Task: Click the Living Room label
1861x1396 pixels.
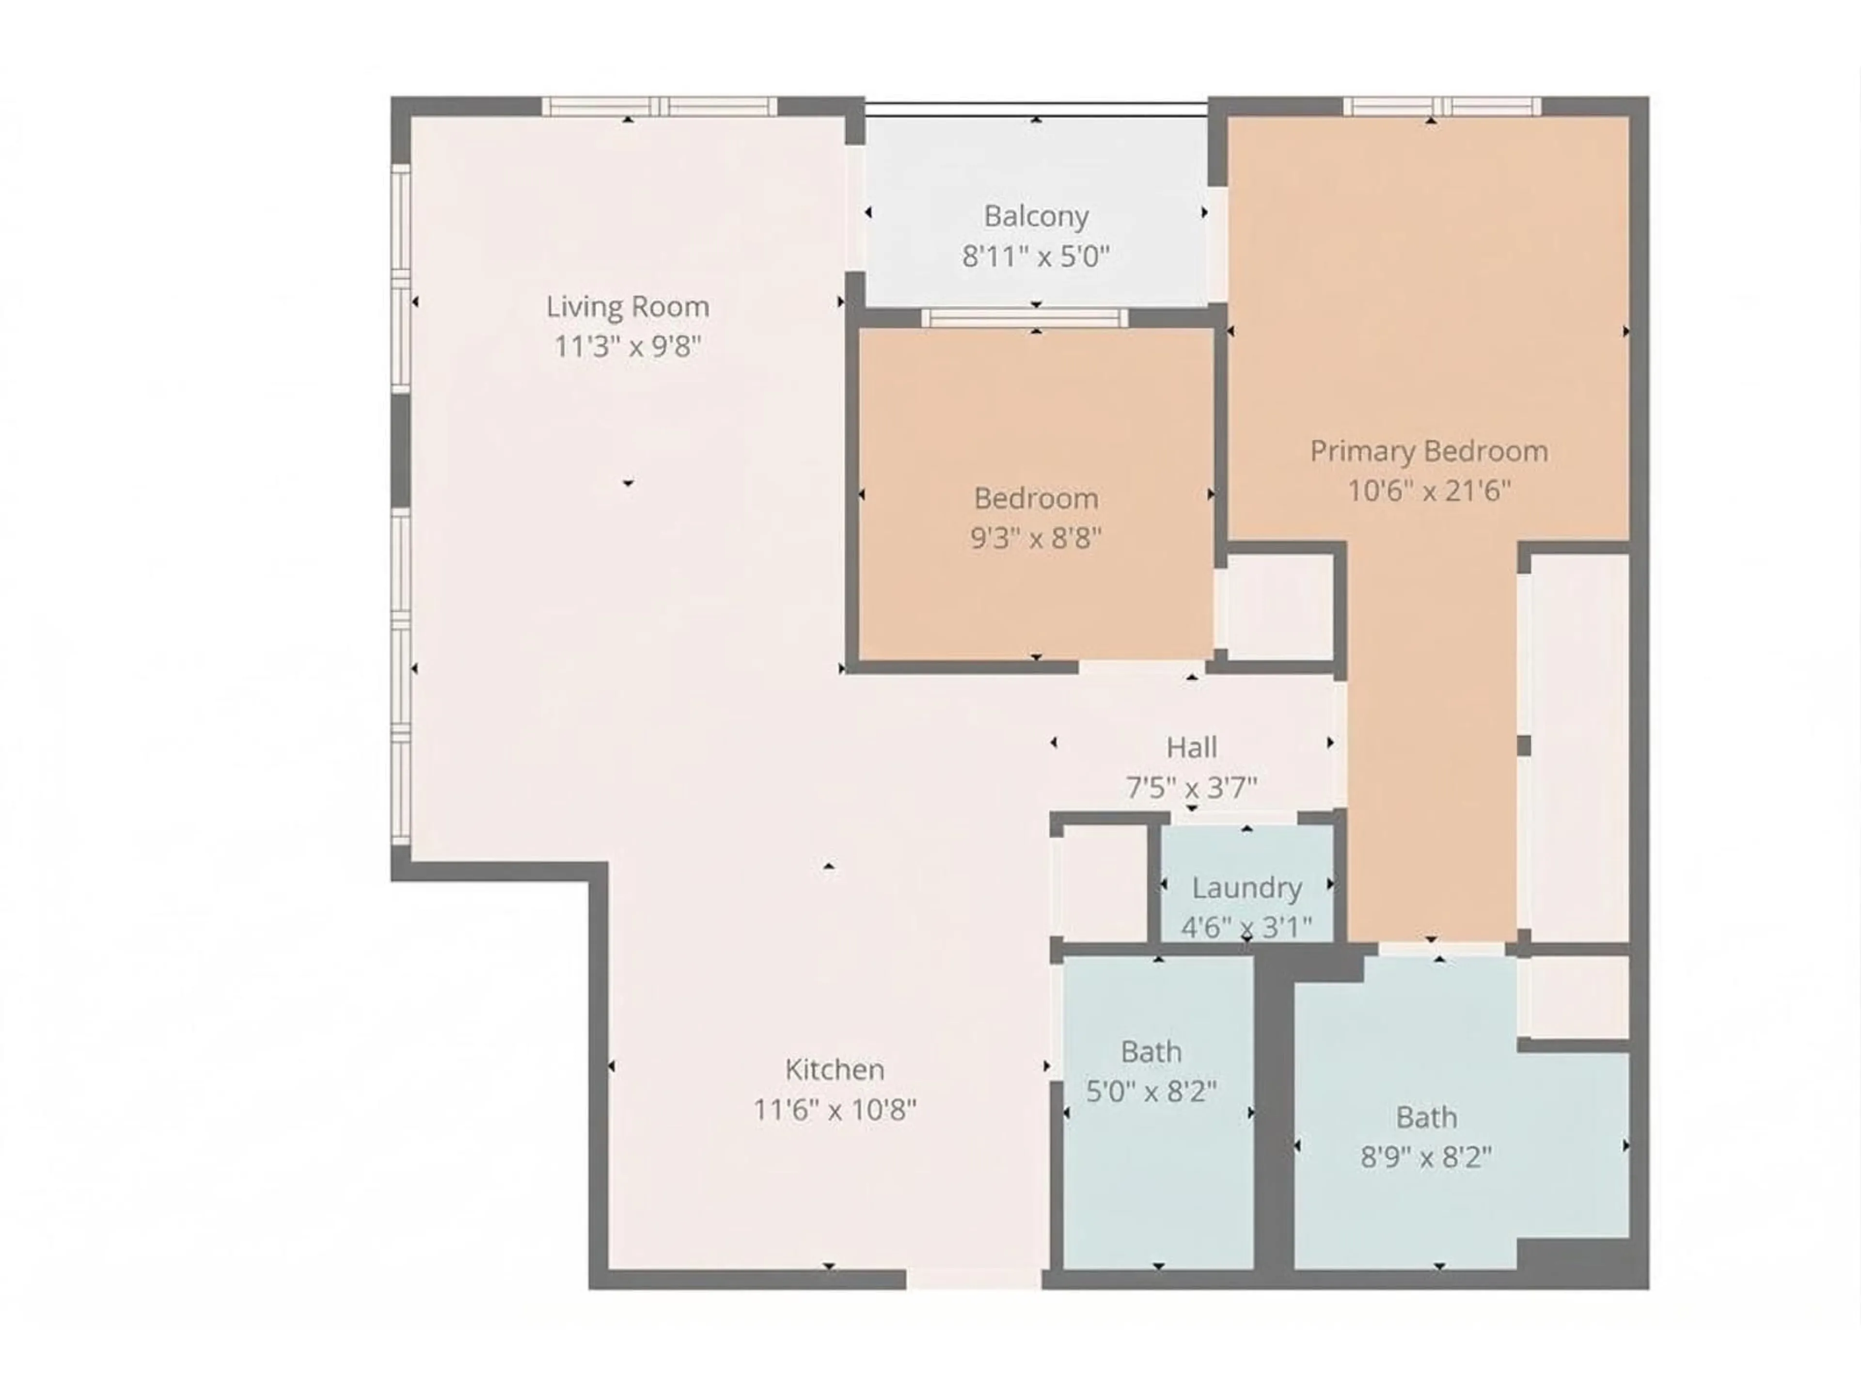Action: pos(628,306)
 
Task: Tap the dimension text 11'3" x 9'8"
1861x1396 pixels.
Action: pos(628,346)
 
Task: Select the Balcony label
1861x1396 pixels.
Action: pos(1036,216)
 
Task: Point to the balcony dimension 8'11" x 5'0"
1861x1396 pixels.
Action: pos(1036,256)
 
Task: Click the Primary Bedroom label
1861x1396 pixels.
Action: pos(1429,451)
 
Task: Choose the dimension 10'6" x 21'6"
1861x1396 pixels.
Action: pos(1429,491)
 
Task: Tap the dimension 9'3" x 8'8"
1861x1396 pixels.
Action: pos(1036,538)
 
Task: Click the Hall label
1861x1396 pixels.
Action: pos(1191,747)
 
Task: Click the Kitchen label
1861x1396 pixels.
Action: pos(835,1069)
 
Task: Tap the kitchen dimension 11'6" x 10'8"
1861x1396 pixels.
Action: pos(835,1110)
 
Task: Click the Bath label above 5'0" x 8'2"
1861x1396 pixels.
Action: pos(1151,1052)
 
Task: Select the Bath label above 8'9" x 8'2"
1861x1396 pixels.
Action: pos(1426,1117)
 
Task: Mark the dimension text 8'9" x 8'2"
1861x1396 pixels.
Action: pos(1426,1158)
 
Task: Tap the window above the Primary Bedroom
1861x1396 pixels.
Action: pos(1442,106)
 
